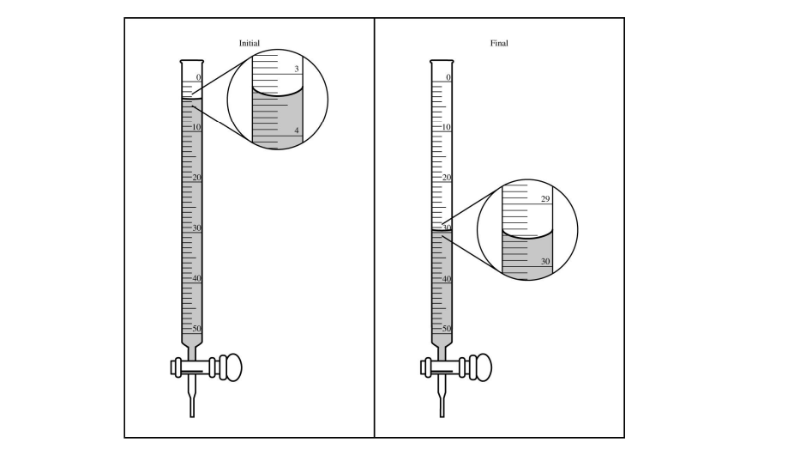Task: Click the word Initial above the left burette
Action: coord(250,43)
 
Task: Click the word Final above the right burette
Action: coord(498,43)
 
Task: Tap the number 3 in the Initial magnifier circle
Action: coord(297,69)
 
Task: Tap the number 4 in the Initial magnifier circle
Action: coord(297,130)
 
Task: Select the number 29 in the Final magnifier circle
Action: coord(545,199)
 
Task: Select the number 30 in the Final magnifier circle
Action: coord(545,261)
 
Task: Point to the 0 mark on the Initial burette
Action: coord(198,77)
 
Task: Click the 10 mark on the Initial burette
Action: coord(196,127)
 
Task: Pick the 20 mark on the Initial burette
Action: coord(196,178)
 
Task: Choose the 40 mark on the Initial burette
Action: coord(196,278)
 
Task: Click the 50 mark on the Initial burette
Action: coord(196,329)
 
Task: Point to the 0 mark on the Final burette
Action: coord(447,77)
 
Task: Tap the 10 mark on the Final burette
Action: coord(445,127)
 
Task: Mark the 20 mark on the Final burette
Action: coord(445,178)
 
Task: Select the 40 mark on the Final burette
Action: coord(445,278)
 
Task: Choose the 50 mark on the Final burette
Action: coord(445,329)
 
